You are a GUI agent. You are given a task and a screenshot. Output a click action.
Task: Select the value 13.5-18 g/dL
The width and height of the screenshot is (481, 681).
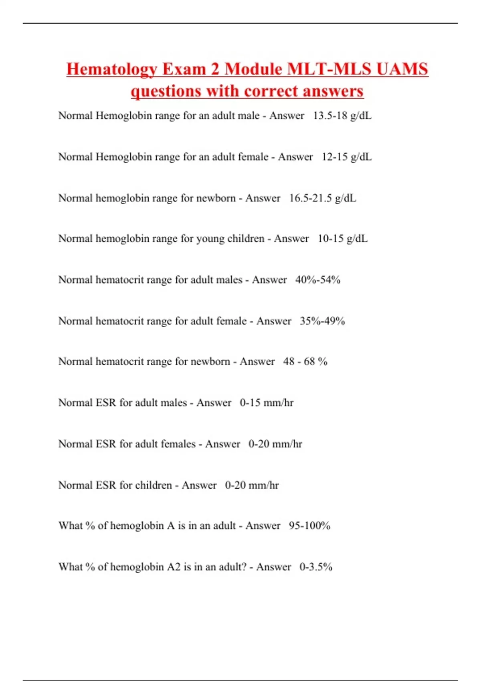coord(342,116)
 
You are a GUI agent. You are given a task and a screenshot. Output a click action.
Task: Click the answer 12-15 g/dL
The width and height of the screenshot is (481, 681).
coord(346,157)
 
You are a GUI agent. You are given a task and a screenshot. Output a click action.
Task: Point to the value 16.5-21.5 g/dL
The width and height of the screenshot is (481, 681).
coord(322,198)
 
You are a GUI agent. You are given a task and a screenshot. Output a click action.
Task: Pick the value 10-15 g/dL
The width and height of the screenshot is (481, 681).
coord(342,239)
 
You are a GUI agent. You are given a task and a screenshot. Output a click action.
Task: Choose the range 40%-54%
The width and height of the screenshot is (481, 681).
coord(317,280)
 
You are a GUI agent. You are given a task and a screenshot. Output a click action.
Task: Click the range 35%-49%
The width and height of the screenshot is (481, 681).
coord(322,321)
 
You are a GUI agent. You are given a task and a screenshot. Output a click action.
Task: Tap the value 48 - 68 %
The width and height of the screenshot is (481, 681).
coord(305,362)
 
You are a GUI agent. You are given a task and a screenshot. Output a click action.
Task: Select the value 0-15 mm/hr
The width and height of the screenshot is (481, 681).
coord(267,403)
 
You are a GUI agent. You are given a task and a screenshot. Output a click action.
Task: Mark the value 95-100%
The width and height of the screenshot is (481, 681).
coord(309,526)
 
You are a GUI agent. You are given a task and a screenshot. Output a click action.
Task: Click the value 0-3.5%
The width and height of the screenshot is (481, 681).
coord(316,567)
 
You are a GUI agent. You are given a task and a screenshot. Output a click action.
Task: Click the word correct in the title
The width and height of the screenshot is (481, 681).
coord(272,91)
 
